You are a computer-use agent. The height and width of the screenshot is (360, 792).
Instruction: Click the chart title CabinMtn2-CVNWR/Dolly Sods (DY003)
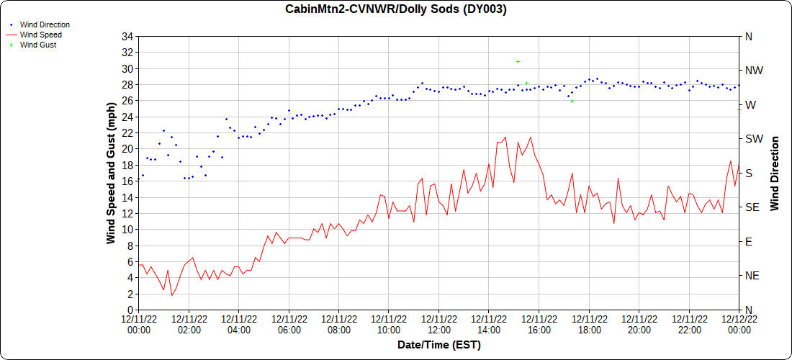click(396, 9)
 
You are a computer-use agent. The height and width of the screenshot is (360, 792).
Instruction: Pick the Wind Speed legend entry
click(40, 35)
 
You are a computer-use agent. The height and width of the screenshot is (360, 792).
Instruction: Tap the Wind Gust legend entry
click(38, 45)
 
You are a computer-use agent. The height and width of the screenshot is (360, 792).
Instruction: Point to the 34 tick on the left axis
click(127, 37)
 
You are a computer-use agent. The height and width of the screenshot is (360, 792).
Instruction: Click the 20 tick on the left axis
click(127, 149)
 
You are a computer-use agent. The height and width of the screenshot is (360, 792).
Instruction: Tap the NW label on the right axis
click(753, 71)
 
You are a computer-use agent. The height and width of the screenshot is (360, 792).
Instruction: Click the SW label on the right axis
click(753, 139)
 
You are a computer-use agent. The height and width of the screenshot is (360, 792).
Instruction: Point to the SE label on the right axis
click(752, 207)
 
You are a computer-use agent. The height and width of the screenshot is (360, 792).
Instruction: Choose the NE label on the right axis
click(752, 276)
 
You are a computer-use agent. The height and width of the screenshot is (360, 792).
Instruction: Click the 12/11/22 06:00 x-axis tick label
click(289, 325)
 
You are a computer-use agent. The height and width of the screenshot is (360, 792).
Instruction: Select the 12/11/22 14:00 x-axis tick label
click(489, 325)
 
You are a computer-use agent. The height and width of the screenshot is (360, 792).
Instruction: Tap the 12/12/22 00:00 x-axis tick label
click(739, 325)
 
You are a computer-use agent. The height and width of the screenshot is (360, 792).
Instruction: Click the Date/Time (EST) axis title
click(439, 345)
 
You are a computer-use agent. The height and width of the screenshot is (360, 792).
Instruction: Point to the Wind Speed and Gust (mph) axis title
click(111, 173)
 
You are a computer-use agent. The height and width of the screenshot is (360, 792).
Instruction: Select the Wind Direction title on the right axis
click(775, 173)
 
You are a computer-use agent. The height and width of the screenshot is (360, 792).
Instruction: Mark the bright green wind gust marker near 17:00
click(572, 102)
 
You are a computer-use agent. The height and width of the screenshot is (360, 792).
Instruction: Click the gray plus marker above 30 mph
click(518, 61)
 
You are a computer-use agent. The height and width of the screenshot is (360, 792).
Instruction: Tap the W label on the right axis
click(750, 105)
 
